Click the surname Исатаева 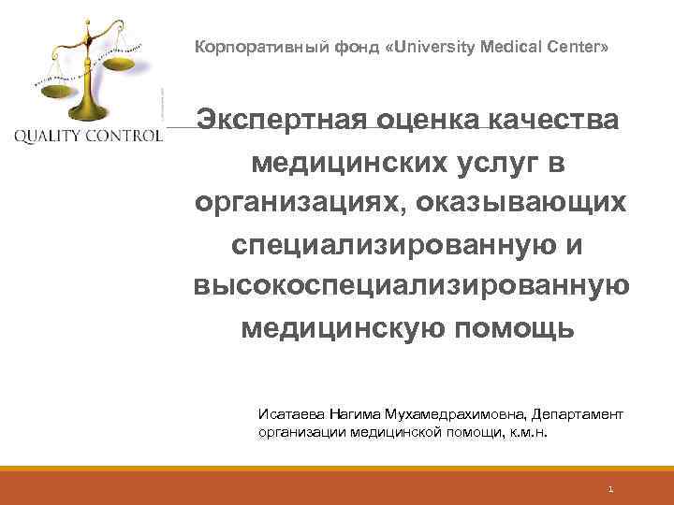[x=290, y=412]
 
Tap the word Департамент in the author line [x=581, y=412]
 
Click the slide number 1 [x=609, y=488]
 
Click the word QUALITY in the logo [x=51, y=136]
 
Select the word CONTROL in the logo [x=127, y=136]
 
